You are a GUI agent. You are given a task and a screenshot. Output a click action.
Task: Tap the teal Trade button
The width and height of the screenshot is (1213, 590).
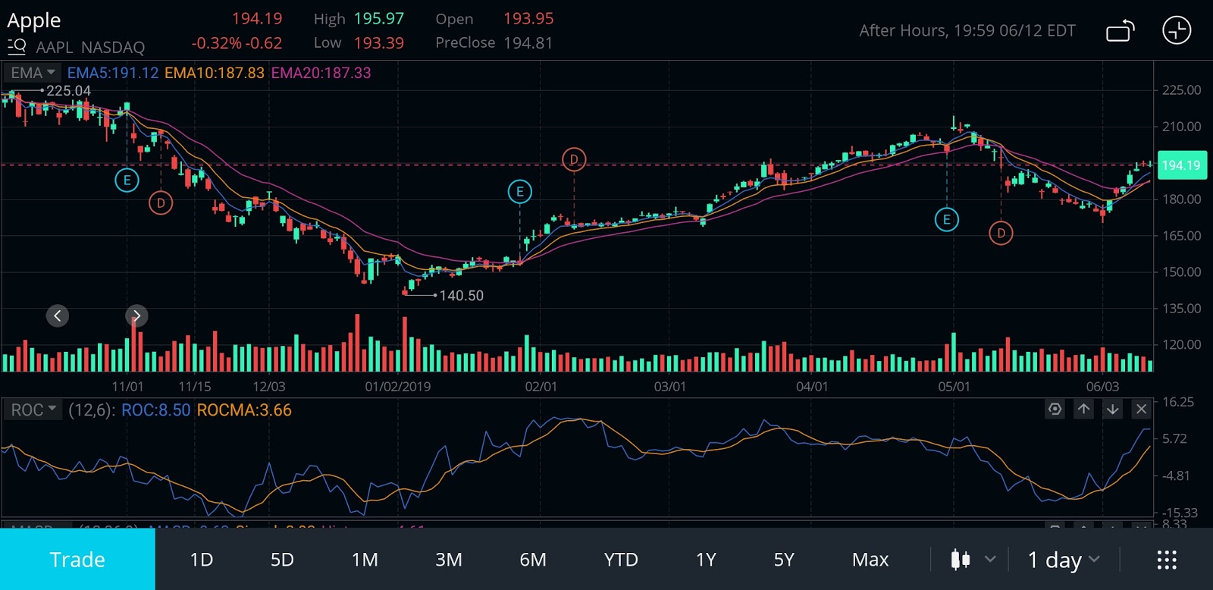pos(77,560)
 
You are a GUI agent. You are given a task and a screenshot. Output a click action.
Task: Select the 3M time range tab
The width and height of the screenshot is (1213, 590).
pos(448,560)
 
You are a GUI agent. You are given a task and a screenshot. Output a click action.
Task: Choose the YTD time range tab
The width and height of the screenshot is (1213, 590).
pos(621,560)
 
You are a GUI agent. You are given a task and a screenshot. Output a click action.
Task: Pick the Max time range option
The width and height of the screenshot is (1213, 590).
pos(870,560)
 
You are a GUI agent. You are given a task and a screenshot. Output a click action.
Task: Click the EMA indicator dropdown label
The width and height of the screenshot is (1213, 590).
pos(33,73)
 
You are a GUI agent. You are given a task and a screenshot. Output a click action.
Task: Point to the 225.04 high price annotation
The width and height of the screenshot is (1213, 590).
pos(68,91)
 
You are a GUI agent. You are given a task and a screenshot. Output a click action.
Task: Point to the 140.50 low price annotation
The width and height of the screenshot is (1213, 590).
pos(461,296)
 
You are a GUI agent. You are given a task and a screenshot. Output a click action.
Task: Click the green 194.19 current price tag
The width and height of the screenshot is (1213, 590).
pos(1181,165)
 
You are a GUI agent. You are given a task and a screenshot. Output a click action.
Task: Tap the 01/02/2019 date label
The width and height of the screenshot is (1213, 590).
pos(397,387)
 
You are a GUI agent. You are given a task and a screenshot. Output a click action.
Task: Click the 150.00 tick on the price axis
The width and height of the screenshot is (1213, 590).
pos(1181,272)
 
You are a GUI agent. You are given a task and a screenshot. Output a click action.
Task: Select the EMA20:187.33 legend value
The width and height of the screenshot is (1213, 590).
pos(321,73)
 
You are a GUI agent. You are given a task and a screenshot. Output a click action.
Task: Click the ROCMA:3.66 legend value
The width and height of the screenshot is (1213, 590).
pos(244,410)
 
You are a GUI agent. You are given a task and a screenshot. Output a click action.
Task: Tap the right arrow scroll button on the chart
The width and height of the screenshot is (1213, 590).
pos(136,315)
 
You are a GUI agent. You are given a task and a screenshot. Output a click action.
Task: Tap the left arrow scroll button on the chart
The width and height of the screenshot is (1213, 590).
pos(58,315)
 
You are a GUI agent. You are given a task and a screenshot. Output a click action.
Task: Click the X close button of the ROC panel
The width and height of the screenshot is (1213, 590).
pos(1141,410)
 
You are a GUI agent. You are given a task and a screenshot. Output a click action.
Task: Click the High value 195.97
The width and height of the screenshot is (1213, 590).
pos(379,19)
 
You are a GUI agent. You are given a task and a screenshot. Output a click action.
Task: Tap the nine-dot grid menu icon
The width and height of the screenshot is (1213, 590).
pos(1167,560)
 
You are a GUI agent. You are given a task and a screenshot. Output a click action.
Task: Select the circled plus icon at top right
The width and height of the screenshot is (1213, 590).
pos(1177,30)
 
